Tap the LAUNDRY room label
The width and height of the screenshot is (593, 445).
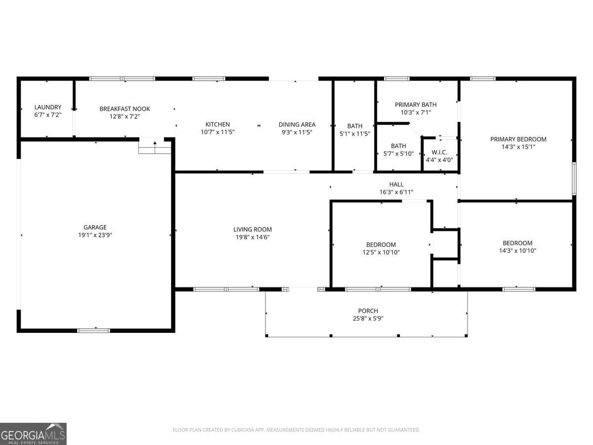[x=48, y=107]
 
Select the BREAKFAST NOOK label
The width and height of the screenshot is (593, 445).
[x=125, y=109]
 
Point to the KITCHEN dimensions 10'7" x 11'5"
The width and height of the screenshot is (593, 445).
[x=217, y=132]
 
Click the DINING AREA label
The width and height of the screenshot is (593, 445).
[x=296, y=125]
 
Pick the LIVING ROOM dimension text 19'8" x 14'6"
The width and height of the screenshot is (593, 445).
[x=252, y=237]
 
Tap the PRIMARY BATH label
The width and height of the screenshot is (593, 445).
[x=416, y=105]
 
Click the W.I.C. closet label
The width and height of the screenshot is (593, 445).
[x=439, y=152]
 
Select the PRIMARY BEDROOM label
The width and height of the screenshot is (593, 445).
[x=518, y=139]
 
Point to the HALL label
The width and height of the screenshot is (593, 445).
[x=396, y=184]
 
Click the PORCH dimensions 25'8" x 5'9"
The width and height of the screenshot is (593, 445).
[x=368, y=318]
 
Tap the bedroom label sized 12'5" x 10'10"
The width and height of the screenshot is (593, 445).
[x=381, y=245]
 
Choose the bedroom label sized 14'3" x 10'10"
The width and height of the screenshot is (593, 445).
[x=517, y=243]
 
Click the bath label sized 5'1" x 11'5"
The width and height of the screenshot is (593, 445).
[x=354, y=126]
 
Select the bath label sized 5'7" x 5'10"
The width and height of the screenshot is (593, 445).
[x=398, y=146]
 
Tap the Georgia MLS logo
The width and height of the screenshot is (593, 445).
[x=33, y=434]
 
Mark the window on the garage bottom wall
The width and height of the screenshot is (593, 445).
[x=93, y=330]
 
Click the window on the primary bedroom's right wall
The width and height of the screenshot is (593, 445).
[x=574, y=178]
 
